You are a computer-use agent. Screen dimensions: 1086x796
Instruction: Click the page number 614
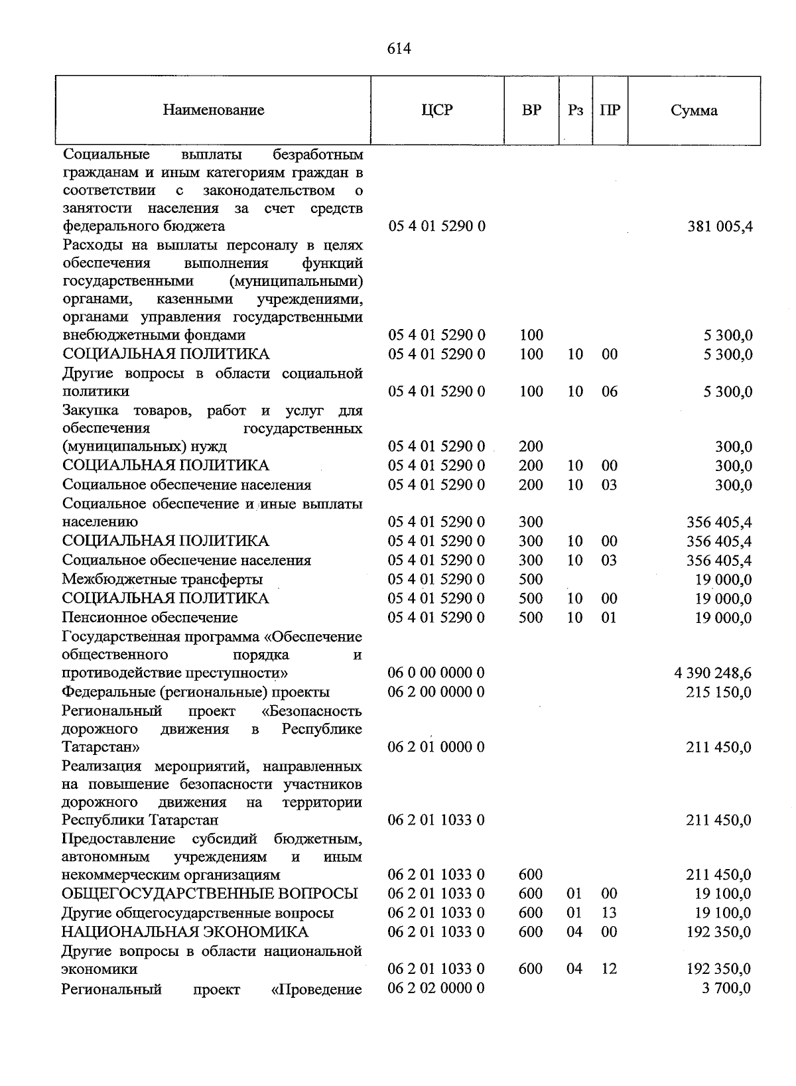pos(399,49)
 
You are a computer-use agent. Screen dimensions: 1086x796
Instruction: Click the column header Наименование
pos(213,110)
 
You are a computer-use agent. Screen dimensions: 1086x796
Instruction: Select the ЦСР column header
pos(437,110)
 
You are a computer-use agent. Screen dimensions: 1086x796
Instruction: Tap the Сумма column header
pos(694,111)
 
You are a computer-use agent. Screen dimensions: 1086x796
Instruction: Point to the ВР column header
pos(531,110)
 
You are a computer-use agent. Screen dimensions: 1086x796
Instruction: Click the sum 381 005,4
pos(720,227)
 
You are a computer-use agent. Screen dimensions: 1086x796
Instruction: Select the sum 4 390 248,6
pos(713,673)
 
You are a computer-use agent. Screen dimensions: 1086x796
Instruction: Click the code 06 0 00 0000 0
pos(436,673)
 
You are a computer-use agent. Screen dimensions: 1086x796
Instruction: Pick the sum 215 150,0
pos(718,693)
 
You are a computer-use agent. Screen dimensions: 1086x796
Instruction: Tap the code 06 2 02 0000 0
pos(436,988)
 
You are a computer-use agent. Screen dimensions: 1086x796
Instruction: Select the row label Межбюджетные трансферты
pos(162,580)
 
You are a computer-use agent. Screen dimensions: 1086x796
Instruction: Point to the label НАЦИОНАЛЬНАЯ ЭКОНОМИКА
pos(185,932)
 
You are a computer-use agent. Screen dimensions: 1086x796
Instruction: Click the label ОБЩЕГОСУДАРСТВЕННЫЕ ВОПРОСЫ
pos(210,894)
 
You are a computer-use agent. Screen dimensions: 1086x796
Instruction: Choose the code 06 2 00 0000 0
pos(436,693)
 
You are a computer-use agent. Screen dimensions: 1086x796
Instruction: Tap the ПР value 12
pos(609,969)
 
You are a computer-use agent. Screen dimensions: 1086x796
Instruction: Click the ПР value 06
pos(609,392)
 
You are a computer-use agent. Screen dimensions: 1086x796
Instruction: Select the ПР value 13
pos(609,913)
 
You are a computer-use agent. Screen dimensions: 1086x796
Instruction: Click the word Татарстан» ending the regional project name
pos(101,748)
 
